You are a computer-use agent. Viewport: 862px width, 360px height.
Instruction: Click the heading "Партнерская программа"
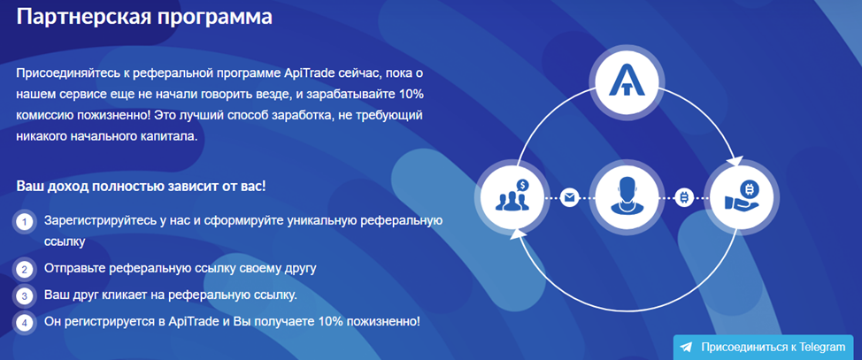click(144, 17)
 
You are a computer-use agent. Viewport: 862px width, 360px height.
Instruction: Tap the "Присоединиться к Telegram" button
click(764, 347)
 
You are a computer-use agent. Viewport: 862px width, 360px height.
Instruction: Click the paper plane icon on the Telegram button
click(686, 348)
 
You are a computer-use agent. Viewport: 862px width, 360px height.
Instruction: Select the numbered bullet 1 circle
click(24, 222)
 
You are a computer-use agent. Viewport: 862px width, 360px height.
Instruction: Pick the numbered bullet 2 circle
click(24, 269)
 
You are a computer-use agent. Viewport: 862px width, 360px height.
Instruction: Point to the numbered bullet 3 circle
click(24, 295)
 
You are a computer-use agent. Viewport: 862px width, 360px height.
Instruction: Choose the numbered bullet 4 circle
click(24, 323)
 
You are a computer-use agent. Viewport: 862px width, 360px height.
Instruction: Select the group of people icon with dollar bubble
click(512, 195)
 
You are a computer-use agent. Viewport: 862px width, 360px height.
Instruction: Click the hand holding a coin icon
click(743, 195)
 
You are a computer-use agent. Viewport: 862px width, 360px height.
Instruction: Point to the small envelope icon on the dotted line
click(568, 197)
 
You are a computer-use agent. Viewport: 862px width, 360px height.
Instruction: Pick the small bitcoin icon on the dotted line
click(684, 197)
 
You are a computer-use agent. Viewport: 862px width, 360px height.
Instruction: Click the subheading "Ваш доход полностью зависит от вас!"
click(142, 185)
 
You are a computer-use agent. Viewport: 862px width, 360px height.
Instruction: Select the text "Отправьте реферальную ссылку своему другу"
click(181, 269)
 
